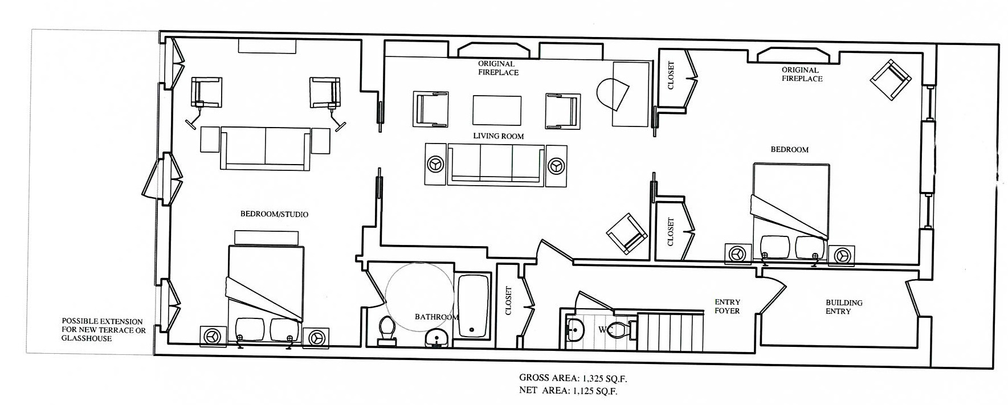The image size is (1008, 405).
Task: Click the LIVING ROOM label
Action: coord(498,136)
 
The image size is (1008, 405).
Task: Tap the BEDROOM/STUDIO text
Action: coord(274,214)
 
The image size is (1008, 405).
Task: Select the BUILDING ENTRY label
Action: coord(844,307)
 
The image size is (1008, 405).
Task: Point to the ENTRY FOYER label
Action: coord(727,306)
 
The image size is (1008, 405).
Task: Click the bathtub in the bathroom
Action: coord(472,305)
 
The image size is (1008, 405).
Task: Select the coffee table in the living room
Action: coord(496,110)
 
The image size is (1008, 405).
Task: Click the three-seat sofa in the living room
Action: coord(496,164)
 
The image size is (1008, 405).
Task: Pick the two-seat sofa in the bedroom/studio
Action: coord(266,148)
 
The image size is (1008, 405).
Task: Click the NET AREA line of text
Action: coord(568,391)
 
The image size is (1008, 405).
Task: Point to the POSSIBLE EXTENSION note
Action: coord(103,330)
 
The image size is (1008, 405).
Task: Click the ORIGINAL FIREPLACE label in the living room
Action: coord(498,68)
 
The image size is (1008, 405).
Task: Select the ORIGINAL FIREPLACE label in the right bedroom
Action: coord(802,75)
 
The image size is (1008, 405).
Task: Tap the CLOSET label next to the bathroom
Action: coord(509,301)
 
